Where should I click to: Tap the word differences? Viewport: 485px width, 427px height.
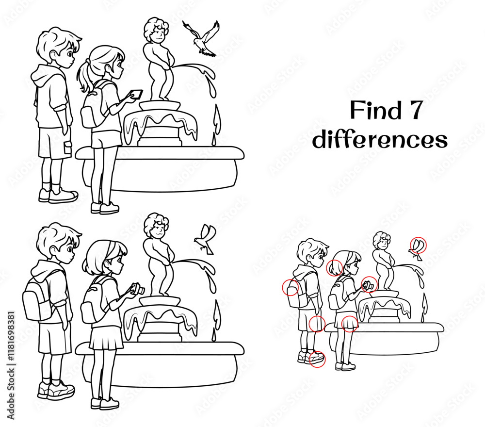[x=379, y=140]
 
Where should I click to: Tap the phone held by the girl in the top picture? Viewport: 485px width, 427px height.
[x=137, y=93]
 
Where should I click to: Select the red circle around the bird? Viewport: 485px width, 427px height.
[x=418, y=245]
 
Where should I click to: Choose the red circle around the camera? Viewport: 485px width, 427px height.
[x=369, y=284]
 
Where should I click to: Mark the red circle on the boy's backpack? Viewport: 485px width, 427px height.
[x=290, y=288]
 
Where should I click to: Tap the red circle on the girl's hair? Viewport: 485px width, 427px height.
[x=335, y=267]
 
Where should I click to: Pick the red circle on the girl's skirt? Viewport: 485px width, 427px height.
[x=350, y=323]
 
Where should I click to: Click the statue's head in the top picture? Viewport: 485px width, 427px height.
[x=156, y=31]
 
